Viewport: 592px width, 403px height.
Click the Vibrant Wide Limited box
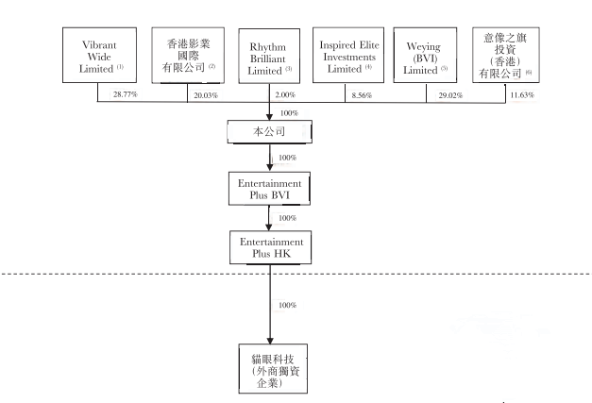click(98, 55)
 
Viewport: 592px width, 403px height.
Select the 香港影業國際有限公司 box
click(184, 55)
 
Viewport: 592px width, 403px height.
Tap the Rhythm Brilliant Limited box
click(270, 55)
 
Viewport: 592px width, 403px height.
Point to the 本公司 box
click(270, 131)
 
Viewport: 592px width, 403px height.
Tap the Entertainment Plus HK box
click(270, 247)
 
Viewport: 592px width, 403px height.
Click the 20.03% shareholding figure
click(204, 95)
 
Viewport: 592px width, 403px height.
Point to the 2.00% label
click(287, 95)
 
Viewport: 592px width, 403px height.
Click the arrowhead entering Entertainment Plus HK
click(270, 227)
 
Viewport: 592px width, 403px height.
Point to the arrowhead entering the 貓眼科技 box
click(270, 341)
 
